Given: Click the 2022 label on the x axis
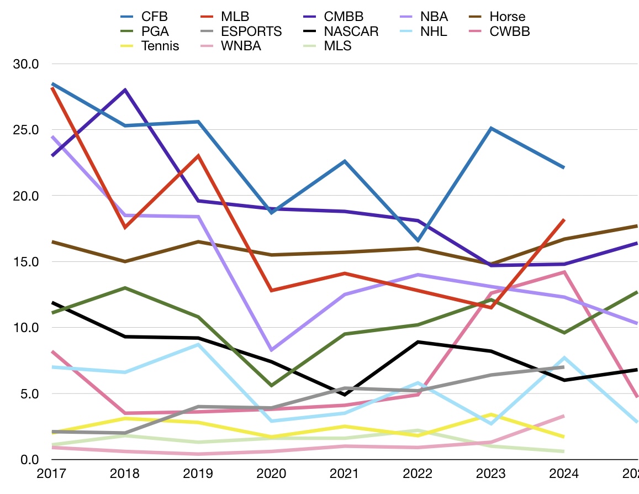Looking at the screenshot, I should coord(418,474).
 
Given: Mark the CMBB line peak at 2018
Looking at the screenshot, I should coord(125,90).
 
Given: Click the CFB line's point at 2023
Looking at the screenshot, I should coord(491,128).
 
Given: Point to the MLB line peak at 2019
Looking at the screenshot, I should coord(198,156).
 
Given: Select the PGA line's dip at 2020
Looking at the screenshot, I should coord(271,386).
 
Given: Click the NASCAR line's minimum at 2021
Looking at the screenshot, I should coord(345,395).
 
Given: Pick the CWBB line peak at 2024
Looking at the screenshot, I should coord(564,272).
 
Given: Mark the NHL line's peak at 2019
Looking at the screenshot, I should coord(198,345).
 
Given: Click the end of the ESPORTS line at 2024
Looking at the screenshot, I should coord(564,367).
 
